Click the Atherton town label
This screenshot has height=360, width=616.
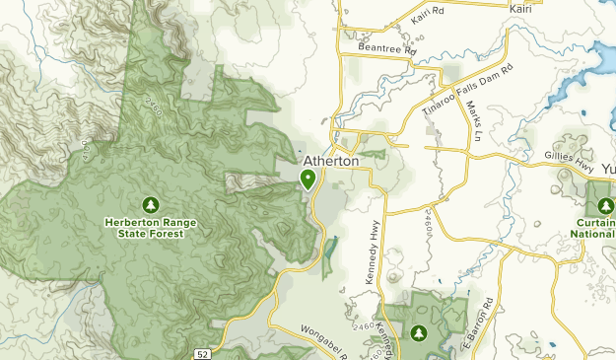(330, 161)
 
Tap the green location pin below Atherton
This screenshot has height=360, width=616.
(308, 180)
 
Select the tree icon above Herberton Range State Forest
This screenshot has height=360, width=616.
(151, 205)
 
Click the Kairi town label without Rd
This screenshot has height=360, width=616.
(521, 9)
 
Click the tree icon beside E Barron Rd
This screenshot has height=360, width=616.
(420, 332)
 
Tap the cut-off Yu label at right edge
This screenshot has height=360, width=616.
(606, 169)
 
